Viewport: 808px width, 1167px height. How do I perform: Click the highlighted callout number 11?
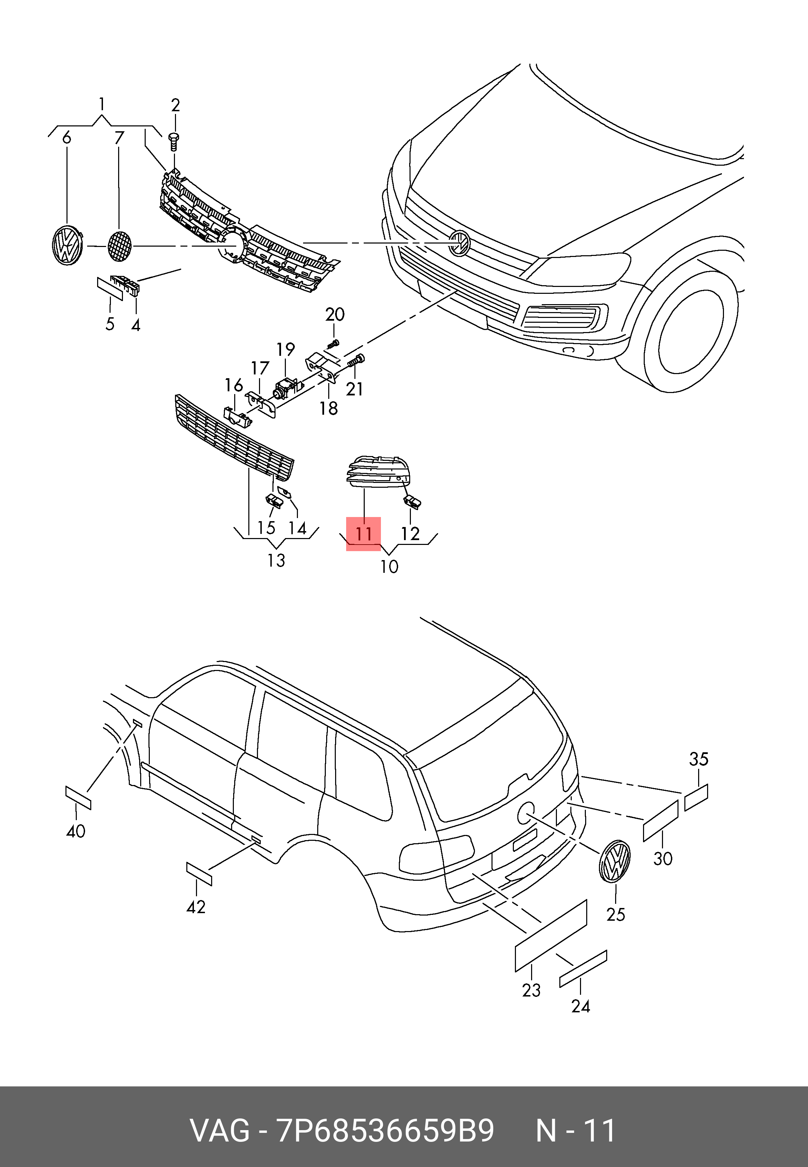tap(363, 534)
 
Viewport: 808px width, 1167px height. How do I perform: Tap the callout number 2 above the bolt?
tap(175, 106)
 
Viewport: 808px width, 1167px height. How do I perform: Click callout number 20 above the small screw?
tap(335, 314)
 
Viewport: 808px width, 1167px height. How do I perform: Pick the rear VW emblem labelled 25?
tap(614, 860)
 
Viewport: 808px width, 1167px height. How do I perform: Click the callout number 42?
tap(196, 907)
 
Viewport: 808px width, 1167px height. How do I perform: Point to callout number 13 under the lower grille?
tap(277, 560)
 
